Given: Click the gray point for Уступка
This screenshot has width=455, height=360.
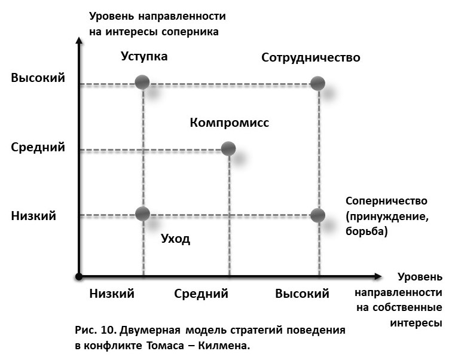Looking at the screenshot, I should point(142,83).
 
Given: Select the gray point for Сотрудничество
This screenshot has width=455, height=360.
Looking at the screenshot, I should point(318,83).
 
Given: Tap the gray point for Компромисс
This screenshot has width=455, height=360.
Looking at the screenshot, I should point(228,148).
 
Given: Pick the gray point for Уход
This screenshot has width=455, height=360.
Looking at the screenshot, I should point(142,213).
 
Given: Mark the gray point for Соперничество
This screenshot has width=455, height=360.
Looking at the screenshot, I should point(318,215).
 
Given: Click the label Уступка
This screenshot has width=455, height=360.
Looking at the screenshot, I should point(144,57).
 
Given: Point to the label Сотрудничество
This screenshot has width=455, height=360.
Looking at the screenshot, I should point(311,57).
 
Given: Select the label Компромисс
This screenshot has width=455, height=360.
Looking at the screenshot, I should point(230,123).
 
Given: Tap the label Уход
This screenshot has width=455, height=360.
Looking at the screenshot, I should point(176,239).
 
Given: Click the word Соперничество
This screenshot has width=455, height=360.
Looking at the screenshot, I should point(386,202).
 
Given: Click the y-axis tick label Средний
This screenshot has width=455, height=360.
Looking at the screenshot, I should point(38,147).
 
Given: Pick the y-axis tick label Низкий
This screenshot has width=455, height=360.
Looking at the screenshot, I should point(33,216).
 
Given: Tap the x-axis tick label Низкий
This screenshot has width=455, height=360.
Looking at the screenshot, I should point(112,294).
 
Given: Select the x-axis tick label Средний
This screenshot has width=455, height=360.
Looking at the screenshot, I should point(201,294).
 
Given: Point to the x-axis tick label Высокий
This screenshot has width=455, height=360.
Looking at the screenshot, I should point(303,294).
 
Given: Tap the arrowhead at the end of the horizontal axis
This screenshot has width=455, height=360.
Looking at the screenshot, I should point(377,276).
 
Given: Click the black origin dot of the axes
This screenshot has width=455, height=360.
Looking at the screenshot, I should point(78,276).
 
